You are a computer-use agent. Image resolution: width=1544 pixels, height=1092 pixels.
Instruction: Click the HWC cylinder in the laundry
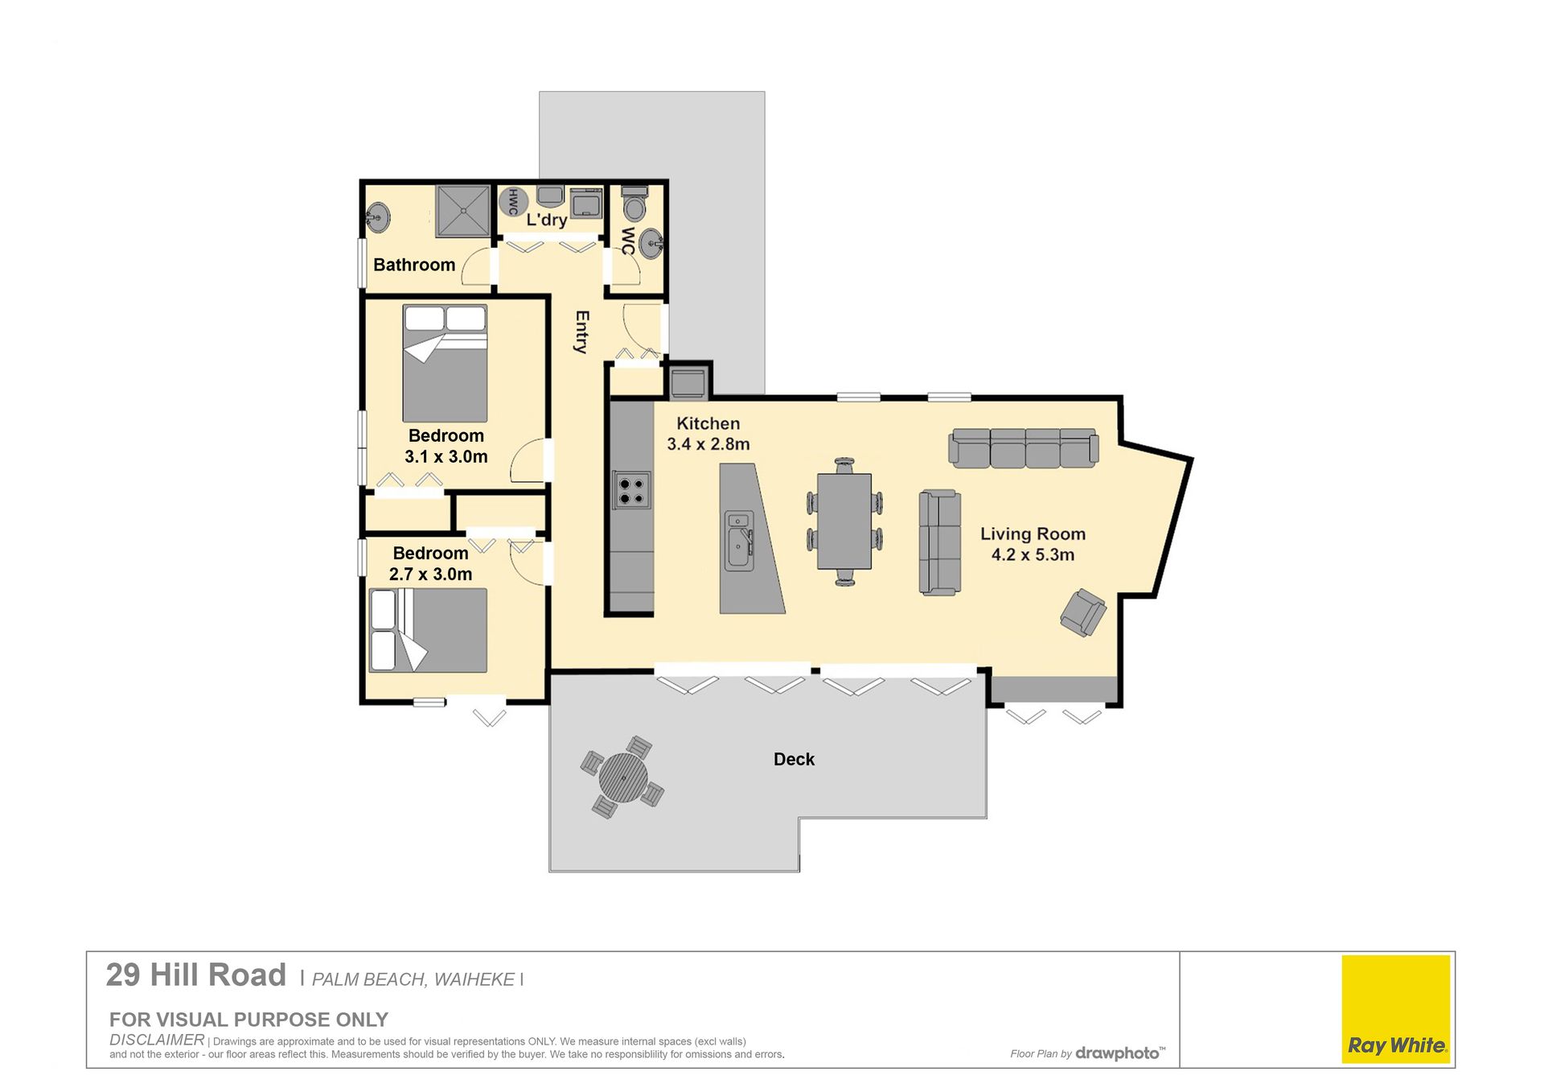click(x=513, y=201)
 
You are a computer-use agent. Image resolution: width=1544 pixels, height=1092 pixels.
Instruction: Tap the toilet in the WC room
click(x=634, y=203)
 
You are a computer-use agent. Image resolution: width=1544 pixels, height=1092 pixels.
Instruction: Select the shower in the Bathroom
click(x=463, y=211)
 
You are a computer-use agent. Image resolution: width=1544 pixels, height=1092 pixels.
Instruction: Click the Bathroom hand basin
click(x=377, y=217)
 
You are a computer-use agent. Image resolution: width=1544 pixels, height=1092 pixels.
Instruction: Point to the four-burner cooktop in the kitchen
click(x=632, y=490)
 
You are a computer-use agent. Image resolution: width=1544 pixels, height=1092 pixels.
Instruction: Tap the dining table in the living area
click(x=844, y=521)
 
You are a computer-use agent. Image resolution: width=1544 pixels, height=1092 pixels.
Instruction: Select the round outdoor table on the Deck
click(x=622, y=777)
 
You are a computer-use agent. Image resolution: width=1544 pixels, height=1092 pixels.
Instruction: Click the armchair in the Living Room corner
click(x=1083, y=612)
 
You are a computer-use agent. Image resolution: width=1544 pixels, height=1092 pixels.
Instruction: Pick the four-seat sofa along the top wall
click(x=1024, y=448)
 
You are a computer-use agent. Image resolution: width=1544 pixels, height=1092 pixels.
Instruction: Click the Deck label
click(x=794, y=759)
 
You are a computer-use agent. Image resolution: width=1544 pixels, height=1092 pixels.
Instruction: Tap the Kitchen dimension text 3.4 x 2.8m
click(x=708, y=443)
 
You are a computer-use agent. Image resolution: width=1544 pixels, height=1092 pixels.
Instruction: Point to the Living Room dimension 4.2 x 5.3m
click(x=1033, y=554)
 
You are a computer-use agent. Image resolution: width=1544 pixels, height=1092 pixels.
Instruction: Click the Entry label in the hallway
click(x=582, y=332)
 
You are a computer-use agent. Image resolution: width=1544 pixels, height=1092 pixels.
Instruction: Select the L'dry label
click(x=547, y=219)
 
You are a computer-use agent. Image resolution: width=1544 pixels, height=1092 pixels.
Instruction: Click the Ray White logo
click(x=1396, y=1009)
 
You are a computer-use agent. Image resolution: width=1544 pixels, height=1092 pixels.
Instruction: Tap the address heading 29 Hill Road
click(x=196, y=975)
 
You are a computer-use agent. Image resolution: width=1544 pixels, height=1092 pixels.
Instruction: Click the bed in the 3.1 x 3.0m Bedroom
click(x=445, y=363)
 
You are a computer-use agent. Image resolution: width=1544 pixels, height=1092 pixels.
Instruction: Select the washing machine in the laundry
click(x=586, y=203)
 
